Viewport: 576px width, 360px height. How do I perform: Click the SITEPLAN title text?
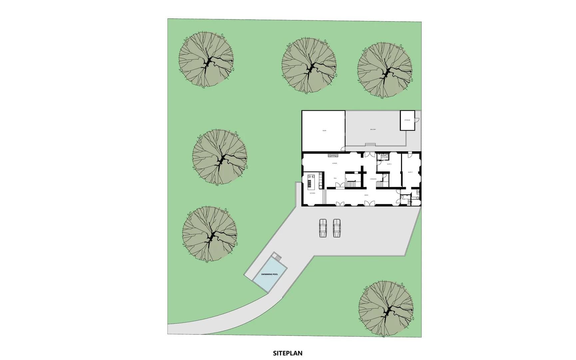288,353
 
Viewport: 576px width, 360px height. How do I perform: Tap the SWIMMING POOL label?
270,274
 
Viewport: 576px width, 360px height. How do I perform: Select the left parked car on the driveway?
323,228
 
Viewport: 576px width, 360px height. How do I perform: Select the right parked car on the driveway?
337,228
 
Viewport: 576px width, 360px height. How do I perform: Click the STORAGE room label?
407,120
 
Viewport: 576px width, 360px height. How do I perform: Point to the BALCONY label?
373,129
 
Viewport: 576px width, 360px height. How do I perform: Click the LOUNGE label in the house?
334,163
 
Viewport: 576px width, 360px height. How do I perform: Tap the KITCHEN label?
312,193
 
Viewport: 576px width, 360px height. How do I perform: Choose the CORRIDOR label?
373,179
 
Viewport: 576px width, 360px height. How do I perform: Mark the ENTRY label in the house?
366,195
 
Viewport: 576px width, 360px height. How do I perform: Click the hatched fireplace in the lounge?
332,155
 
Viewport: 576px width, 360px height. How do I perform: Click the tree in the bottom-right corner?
386,309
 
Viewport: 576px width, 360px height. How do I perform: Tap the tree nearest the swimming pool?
210,234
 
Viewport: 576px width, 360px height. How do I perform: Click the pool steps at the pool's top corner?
276,257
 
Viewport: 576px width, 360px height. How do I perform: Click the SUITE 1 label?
389,164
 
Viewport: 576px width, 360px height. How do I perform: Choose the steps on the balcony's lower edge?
370,144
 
